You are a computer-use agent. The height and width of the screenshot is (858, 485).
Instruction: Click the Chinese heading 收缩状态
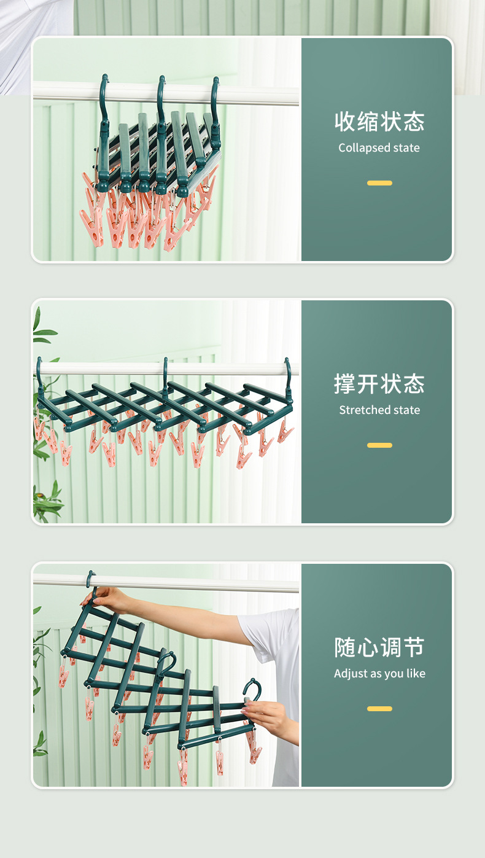pyautogui.click(x=379, y=122)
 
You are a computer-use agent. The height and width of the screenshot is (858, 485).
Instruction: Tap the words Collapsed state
pyautogui.click(x=379, y=148)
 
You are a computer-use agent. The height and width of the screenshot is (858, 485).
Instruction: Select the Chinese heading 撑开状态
pyautogui.click(x=379, y=384)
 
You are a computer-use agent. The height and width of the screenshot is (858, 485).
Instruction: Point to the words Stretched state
pyautogui.click(x=379, y=410)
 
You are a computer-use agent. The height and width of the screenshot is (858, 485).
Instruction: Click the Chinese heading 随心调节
pyautogui.click(x=379, y=647)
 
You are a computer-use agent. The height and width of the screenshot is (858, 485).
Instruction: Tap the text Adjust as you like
pyautogui.click(x=379, y=674)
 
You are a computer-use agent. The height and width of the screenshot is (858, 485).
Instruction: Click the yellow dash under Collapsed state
pyautogui.click(x=379, y=183)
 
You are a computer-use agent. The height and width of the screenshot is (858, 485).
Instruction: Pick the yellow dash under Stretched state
pyautogui.click(x=379, y=445)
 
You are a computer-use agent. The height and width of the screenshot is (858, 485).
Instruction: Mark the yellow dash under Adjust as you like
pyautogui.click(x=379, y=709)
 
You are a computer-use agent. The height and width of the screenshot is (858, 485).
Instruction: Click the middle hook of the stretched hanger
pyautogui.click(x=165, y=369)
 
